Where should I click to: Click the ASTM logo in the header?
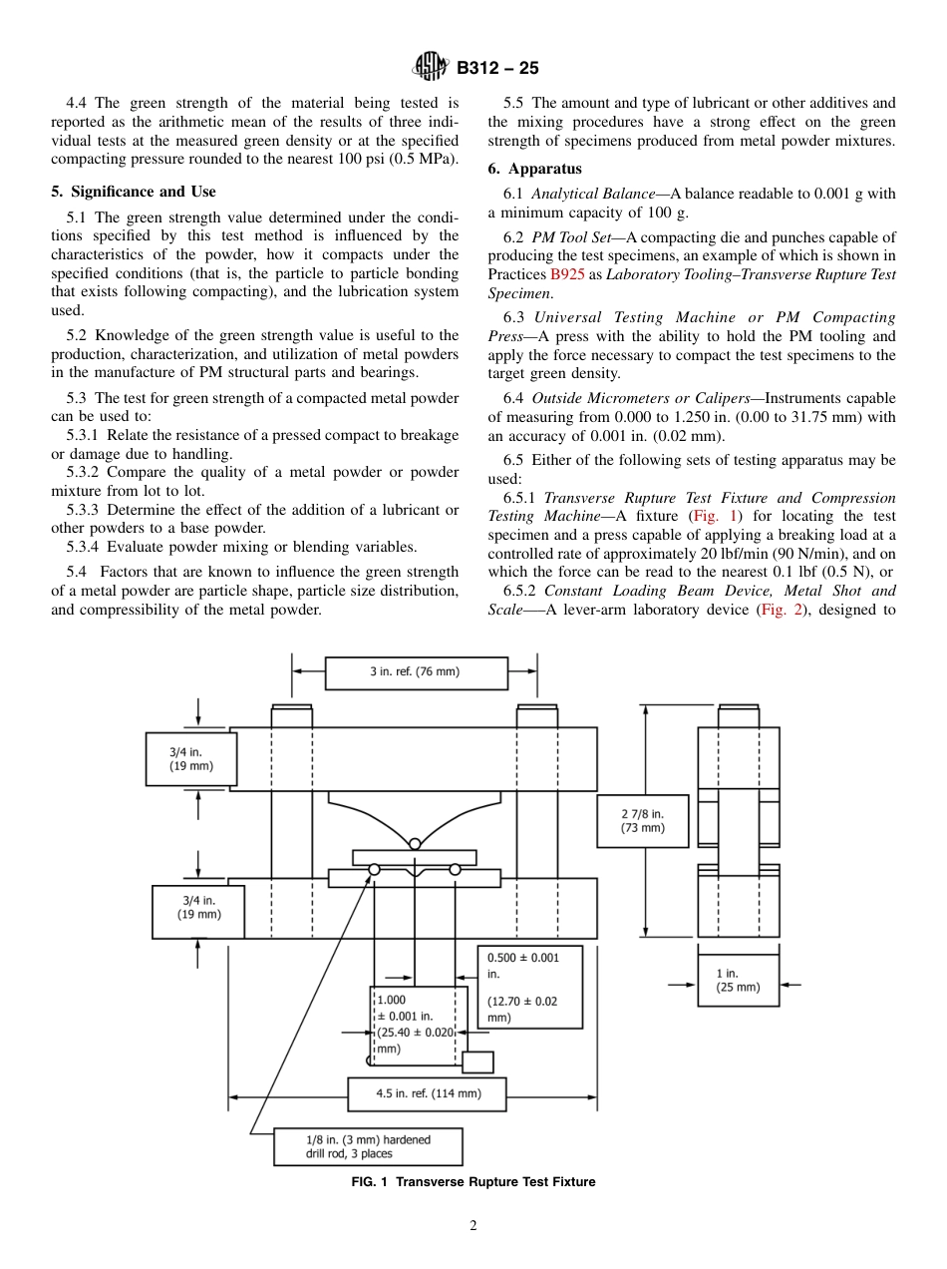(x=432, y=68)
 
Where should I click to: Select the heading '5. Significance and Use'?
(x=133, y=192)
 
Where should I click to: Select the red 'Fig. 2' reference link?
(x=782, y=610)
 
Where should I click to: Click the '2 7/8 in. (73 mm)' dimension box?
(x=642, y=821)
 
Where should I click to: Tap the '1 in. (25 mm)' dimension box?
(x=738, y=980)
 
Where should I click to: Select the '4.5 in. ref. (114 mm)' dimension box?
(x=427, y=1093)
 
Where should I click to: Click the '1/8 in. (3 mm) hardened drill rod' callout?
(x=368, y=1146)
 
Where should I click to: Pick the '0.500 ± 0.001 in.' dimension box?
(x=529, y=987)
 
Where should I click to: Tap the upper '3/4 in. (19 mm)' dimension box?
(x=190, y=759)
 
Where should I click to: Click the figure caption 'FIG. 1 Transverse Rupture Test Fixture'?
(x=473, y=1182)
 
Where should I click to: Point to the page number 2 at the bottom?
(x=473, y=1226)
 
